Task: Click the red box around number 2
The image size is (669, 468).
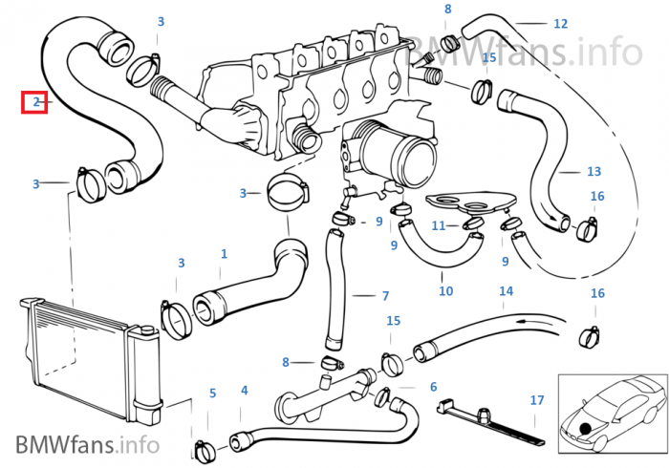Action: (x=35, y=100)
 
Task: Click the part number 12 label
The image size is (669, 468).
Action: (x=560, y=23)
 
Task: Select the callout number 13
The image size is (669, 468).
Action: (x=593, y=172)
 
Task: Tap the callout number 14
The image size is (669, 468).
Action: (x=506, y=290)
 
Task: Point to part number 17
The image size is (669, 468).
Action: (x=537, y=400)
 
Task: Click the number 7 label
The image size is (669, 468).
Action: (x=385, y=296)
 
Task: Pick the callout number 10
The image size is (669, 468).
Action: (x=445, y=290)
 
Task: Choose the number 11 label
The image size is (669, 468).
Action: (x=439, y=225)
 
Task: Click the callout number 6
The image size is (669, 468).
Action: (x=433, y=387)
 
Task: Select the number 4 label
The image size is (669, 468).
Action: (x=244, y=391)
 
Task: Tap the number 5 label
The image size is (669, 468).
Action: (x=212, y=393)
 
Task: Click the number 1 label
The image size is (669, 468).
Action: (x=224, y=254)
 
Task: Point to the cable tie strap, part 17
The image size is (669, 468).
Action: (x=487, y=421)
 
